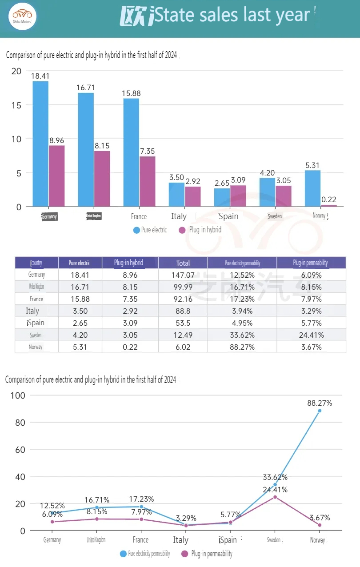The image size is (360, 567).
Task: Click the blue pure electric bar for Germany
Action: pyautogui.click(x=40, y=144)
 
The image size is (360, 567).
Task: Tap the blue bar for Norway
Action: pyautogui.click(x=312, y=188)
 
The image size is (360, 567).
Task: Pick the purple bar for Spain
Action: pyautogui.click(x=238, y=196)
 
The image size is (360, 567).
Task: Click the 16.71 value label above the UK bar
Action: pyautogui.click(x=86, y=88)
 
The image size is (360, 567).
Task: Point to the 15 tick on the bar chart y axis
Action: pyautogui.click(x=16, y=105)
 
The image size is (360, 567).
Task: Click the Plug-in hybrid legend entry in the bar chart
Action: pyautogui.click(x=200, y=230)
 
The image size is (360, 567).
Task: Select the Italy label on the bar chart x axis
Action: pyautogui.click(x=179, y=216)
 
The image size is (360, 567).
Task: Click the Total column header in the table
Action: pyautogui.click(x=183, y=263)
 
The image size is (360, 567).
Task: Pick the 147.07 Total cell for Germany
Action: pyautogui.click(x=183, y=275)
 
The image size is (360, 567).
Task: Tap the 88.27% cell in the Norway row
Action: pyautogui.click(x=242, y=347)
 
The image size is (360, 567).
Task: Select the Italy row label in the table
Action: pyautogui.click(x=32, y=311)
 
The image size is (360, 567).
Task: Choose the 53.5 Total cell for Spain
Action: pyautogui.click(x=183, y=323)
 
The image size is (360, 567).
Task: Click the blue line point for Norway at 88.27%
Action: pyautogui.click(x=320, y=411)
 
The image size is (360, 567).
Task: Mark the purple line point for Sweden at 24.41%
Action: pyautogui.click(x=275, y=497)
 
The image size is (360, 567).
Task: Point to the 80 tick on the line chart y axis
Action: pyautogui.click(x=20, y=422)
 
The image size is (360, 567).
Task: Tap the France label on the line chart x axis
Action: pyautogui.click(x=140, y=540)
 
